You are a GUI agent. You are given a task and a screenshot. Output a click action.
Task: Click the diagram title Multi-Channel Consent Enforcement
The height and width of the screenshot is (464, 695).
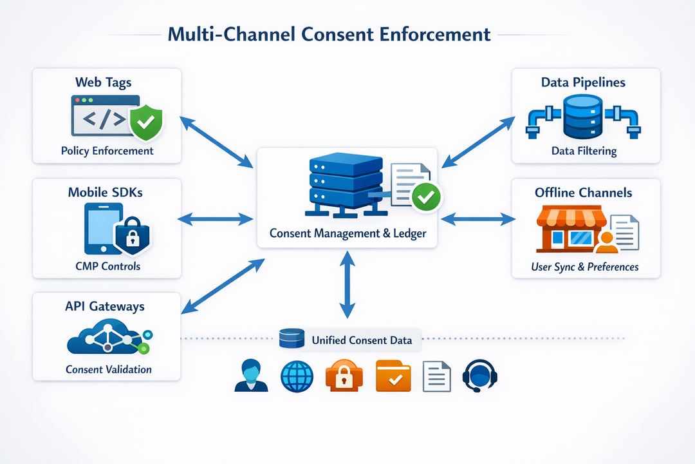click(329, 34)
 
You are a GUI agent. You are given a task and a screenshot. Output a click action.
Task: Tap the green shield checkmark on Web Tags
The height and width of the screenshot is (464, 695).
click(146, 123)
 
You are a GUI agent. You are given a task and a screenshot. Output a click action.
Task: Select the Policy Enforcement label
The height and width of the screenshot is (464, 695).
click(107, 151)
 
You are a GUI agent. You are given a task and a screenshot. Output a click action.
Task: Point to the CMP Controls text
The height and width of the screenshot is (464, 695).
click(107, 266)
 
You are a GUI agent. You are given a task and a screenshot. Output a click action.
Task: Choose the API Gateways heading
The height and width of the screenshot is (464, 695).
click(105, 307)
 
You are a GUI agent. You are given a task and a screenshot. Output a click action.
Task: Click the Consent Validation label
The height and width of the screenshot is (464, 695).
click(108, 369)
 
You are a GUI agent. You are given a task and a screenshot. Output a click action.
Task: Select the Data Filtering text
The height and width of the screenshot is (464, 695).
click(584, 151)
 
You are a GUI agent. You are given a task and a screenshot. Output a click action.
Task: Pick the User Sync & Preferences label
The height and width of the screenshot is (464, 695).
click(585, 266)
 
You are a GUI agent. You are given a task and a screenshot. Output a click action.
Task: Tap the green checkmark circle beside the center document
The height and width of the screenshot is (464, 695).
click(425, 197)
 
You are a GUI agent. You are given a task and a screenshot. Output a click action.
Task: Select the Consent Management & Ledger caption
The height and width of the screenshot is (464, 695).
click(347, 233)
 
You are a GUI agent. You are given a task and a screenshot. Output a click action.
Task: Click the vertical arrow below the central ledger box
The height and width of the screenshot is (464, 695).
click(347, 284)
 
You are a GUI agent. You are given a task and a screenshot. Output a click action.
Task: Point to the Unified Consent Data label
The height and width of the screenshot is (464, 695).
click(361, 340)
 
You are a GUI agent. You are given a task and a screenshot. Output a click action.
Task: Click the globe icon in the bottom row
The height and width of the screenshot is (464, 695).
click(297, 376)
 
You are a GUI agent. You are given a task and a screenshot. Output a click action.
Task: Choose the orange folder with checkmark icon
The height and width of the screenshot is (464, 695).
click(393, 376)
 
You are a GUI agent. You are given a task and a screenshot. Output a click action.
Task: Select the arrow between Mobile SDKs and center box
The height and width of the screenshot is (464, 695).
click(215, 219)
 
